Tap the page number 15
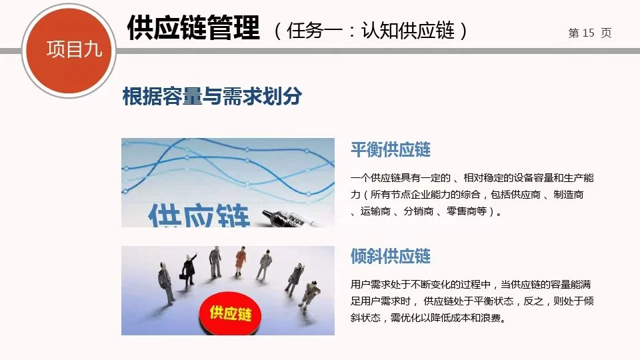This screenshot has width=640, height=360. [x=588, y=33]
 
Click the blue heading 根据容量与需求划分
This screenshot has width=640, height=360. [x=212, y=97]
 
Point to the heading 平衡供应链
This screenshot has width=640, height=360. [x=391, y=149]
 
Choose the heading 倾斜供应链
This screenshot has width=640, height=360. [x=391, y=255]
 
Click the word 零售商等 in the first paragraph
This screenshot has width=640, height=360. [x=474, y=211]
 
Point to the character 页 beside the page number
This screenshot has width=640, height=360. [x=606, y=33]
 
